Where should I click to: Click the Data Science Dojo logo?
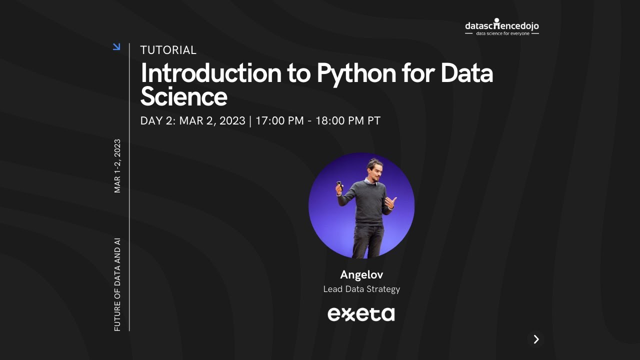click(501, 27)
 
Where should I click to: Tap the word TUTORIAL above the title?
click(168, 50)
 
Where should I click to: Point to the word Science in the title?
click(183, 96)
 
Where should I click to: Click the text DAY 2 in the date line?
click(156, 121)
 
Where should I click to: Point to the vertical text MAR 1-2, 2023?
click(117, 165)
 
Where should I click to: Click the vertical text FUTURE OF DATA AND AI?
click(117, 284)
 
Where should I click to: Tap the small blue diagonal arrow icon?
click(116, 46)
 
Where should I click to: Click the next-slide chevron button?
click(536, 339)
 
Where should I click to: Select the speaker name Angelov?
click(361, 274)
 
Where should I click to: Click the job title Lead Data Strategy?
click(361, 289)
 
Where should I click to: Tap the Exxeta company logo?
click(361, 314)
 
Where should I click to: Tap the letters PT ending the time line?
click(374, 121)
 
